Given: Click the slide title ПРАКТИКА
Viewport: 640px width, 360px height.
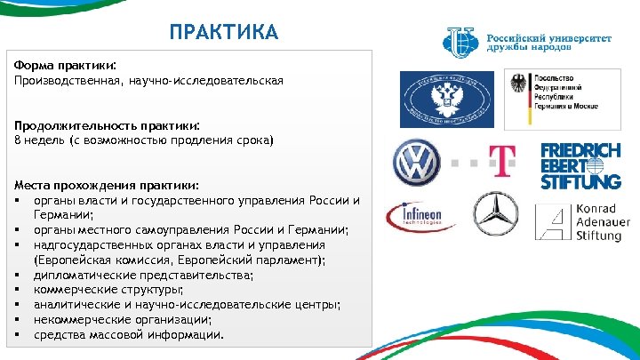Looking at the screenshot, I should [224, 33].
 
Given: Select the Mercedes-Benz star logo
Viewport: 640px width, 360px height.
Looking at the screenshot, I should [495, 214].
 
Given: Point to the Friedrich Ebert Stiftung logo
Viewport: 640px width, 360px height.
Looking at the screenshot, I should [580, 165].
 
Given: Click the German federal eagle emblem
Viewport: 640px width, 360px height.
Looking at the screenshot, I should [517, 86].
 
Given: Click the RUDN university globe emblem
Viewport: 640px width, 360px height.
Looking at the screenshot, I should [462, 40].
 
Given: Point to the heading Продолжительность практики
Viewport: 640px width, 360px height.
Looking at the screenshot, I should [107, 125].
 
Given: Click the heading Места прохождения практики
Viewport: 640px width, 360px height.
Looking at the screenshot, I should [107, 185].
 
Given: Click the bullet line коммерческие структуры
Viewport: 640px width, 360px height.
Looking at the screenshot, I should [108, 290].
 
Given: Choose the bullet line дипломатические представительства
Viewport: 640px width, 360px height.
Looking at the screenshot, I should [143, 275].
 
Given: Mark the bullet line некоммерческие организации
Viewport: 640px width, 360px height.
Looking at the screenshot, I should [123, 320].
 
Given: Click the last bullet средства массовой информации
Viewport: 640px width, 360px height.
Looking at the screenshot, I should [129, 335].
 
